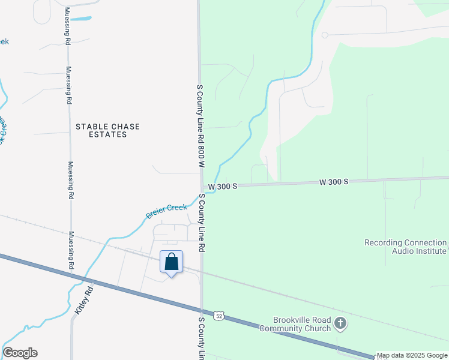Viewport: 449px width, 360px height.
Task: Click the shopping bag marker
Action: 171,263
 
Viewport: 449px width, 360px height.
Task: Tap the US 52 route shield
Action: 220,315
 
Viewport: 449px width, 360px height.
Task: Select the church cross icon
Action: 340,324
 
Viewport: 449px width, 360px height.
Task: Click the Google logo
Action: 20,353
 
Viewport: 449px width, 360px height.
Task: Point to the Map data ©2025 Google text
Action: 412,356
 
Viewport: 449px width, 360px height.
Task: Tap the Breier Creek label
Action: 166,211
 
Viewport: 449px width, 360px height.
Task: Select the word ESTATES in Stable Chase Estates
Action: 107,135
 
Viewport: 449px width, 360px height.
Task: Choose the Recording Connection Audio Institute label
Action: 406,247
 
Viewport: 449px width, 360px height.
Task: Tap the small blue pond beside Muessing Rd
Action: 82,19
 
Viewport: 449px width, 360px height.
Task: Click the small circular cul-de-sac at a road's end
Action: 325,35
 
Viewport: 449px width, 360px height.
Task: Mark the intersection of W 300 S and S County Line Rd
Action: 202,187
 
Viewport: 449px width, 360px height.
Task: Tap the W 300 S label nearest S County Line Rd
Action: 223,187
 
